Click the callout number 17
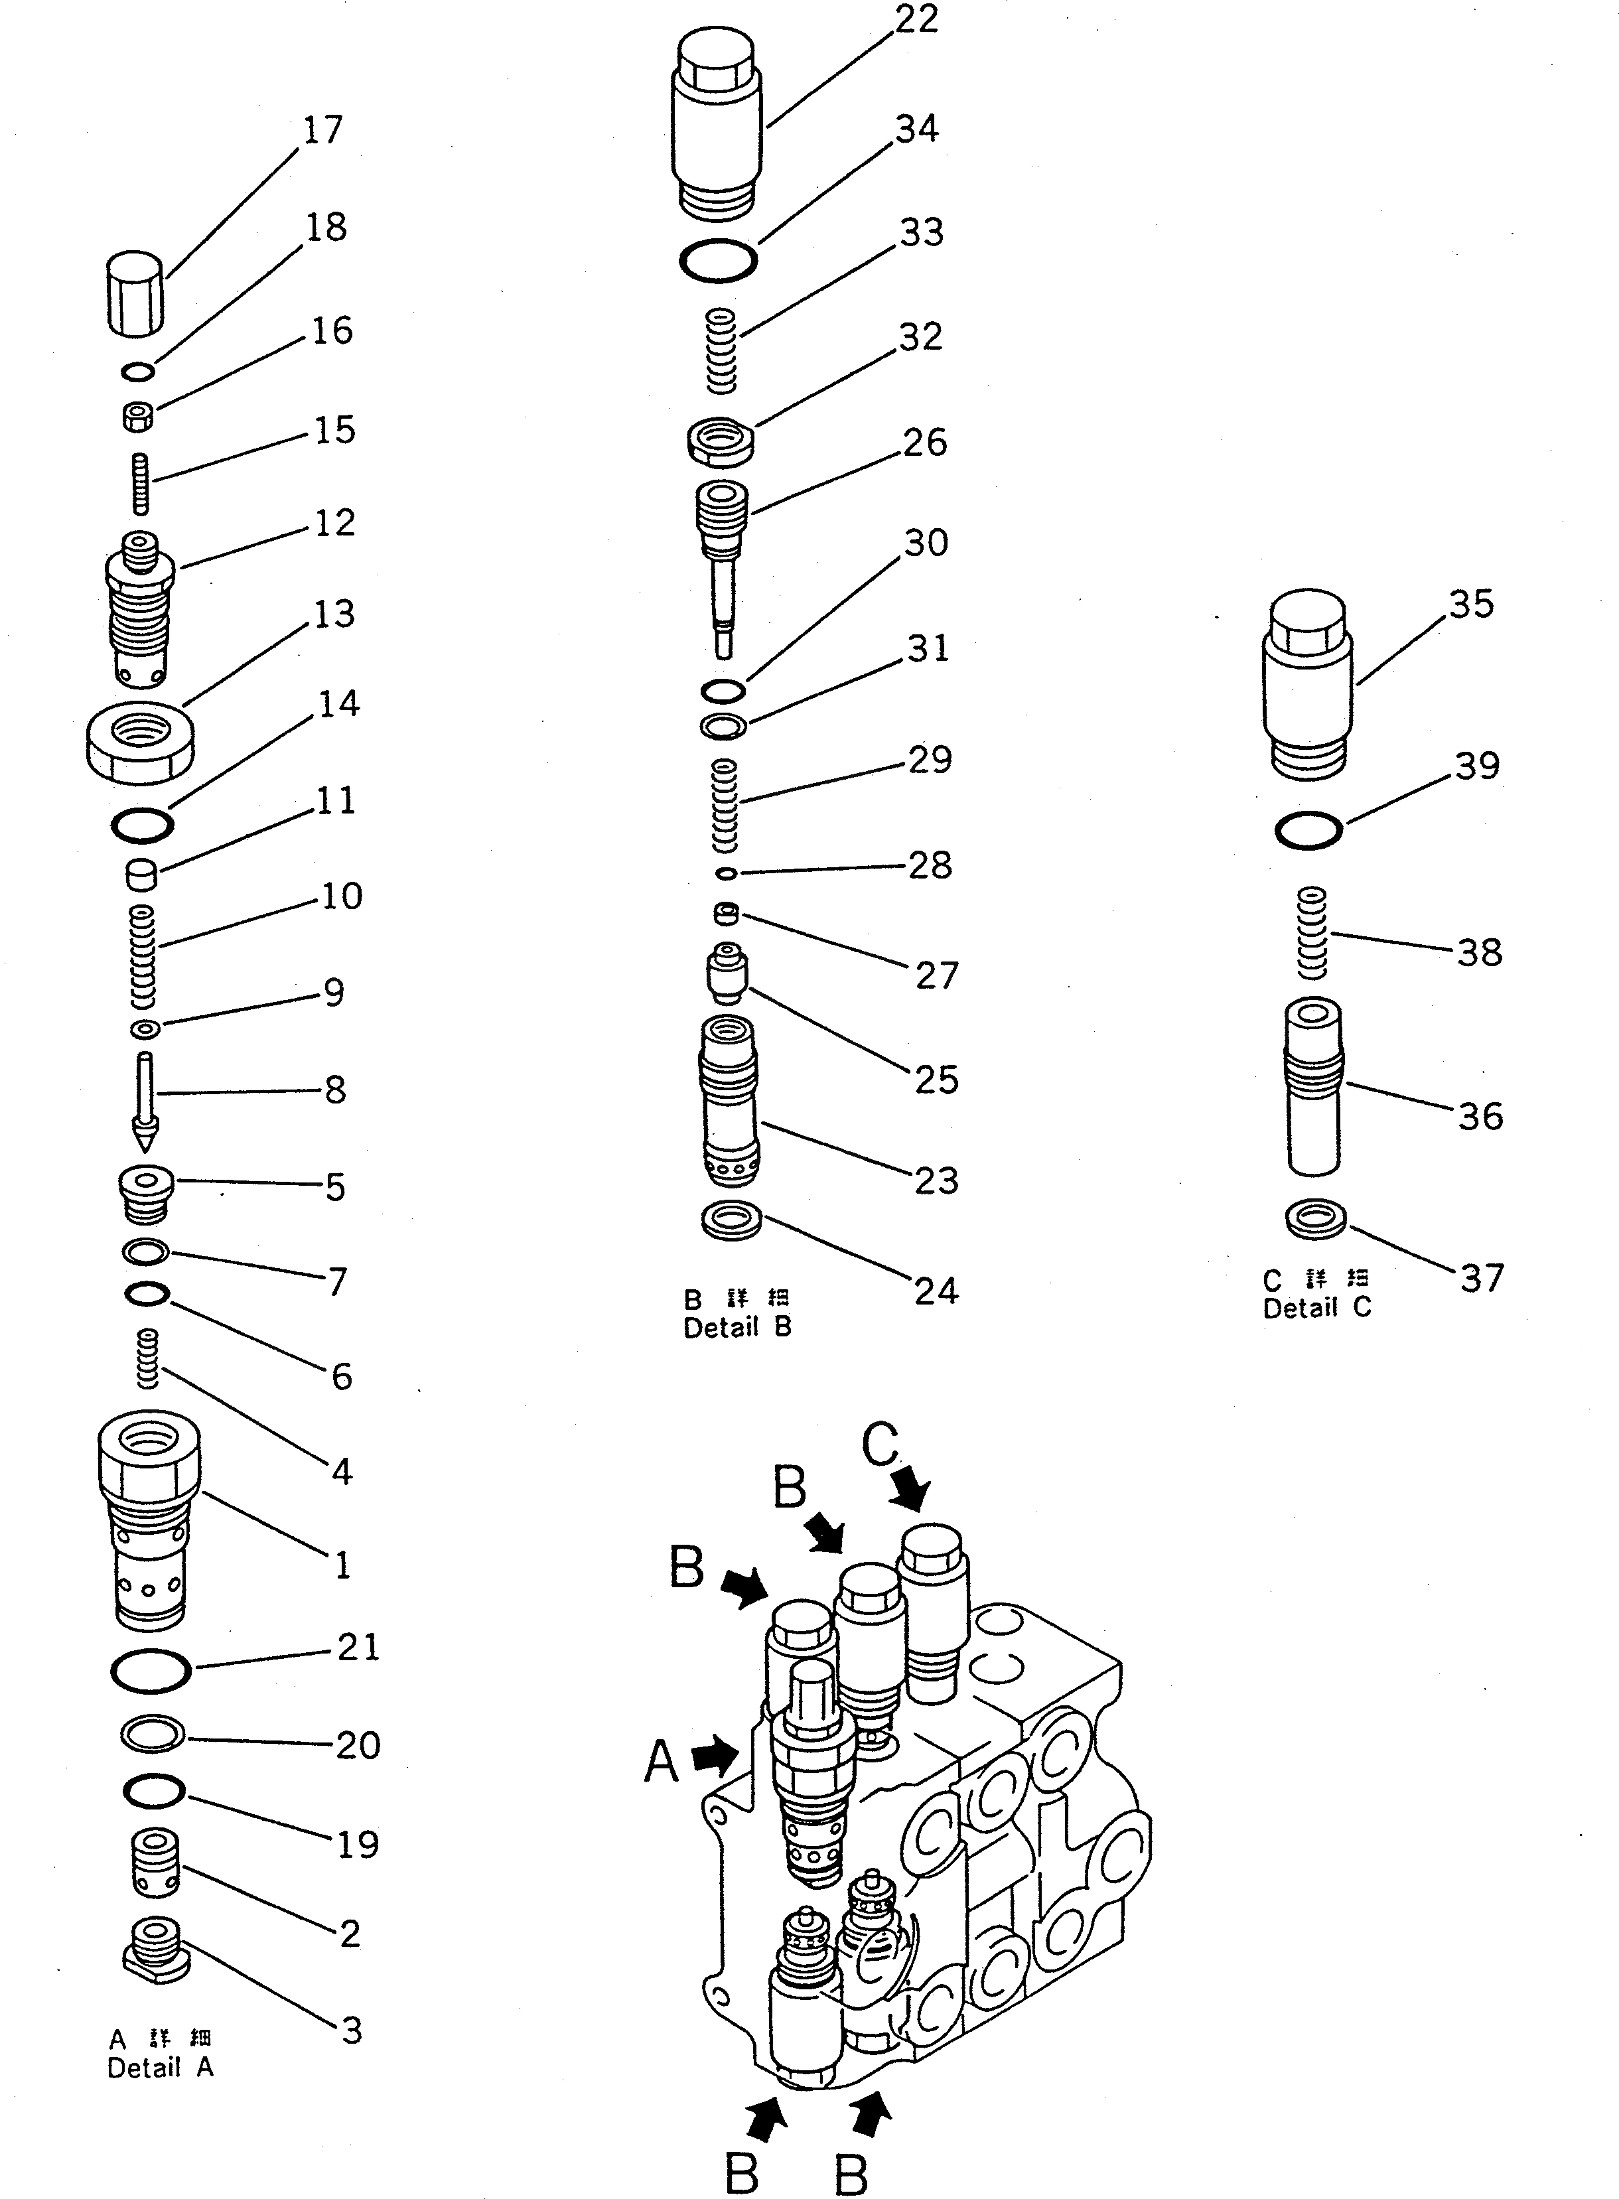(322, 129)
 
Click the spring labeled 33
(721, 350)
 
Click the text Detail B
(737, 1328)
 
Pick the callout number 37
(1481, 1278)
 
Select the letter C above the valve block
(879, 1443)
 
